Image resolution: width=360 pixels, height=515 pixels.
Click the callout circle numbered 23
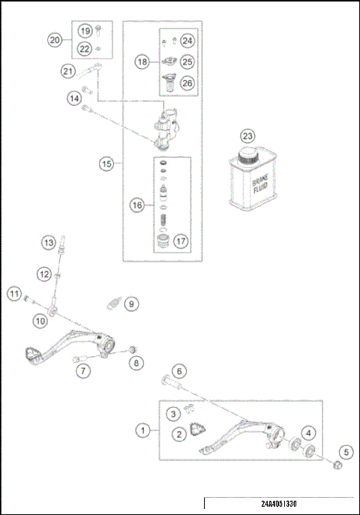click(247, 136)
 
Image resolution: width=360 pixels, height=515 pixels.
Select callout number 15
click(107, 163)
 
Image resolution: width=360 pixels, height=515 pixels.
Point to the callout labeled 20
click(55, 40)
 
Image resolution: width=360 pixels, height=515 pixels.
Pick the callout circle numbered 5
click(346, 452)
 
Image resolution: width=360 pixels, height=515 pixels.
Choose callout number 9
click(131, 304)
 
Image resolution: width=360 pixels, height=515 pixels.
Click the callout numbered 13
click(48, 243)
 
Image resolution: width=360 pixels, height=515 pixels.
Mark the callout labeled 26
click(187, 82)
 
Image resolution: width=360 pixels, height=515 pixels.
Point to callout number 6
click(178, 370)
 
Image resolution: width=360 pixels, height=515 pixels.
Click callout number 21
click(70, 72)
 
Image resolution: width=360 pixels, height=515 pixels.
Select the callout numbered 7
click(84, 371)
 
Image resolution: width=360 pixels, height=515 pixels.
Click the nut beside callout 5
click(337, 468)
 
